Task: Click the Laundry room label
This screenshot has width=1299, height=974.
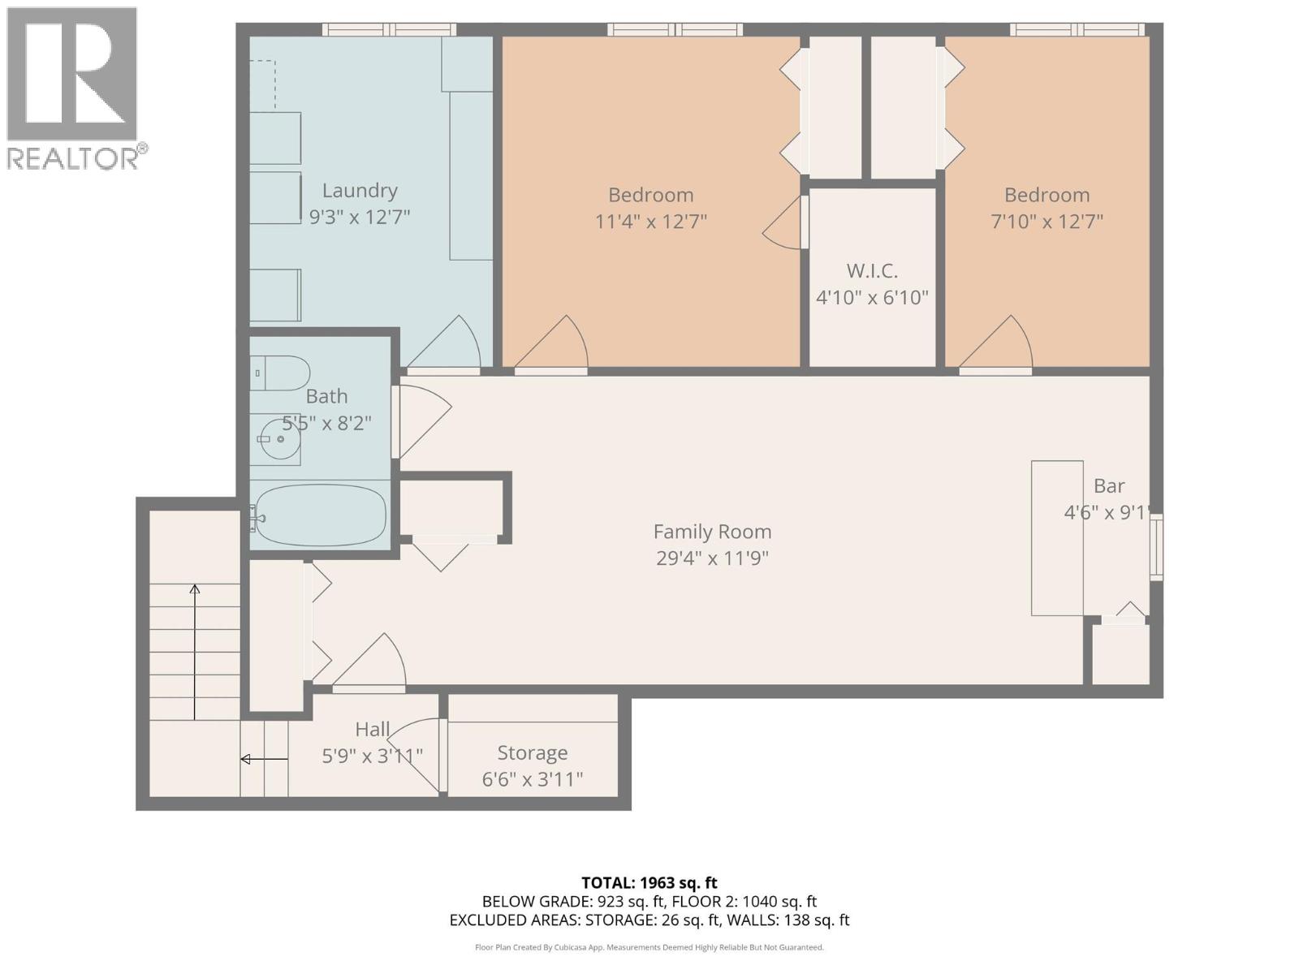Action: click(x=360, y=191)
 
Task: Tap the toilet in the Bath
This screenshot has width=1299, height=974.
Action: click(x=281, y=373)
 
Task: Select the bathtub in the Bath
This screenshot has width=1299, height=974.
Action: click(x=319, y=515)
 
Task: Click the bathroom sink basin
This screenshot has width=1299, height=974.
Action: click(x=279, y=439)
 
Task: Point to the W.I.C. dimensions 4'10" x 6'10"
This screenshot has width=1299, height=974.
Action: click(x=872, y=297)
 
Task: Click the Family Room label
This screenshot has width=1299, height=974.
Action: click(x=712, y=532)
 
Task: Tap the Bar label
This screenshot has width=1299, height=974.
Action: click(x=1108, y=486)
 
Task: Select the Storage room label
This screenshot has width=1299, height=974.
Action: click(x=532, y=753)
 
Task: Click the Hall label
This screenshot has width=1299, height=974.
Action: click(x=373, y=730)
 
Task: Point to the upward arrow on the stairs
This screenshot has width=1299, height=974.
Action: click(x=195, y=649)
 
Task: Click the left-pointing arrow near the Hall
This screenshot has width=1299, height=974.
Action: click(x=263, y=760)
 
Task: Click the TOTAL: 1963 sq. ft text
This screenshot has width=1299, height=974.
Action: click(x=649, y=882)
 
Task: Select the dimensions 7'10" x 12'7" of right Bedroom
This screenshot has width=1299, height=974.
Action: click(x=1047, y=221)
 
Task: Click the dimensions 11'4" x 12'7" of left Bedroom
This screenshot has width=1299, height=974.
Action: click(x=650, y=221)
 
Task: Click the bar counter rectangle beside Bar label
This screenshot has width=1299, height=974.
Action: click(x=1056, y=537)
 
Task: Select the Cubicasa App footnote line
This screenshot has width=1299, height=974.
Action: click(x=649, y=947)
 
